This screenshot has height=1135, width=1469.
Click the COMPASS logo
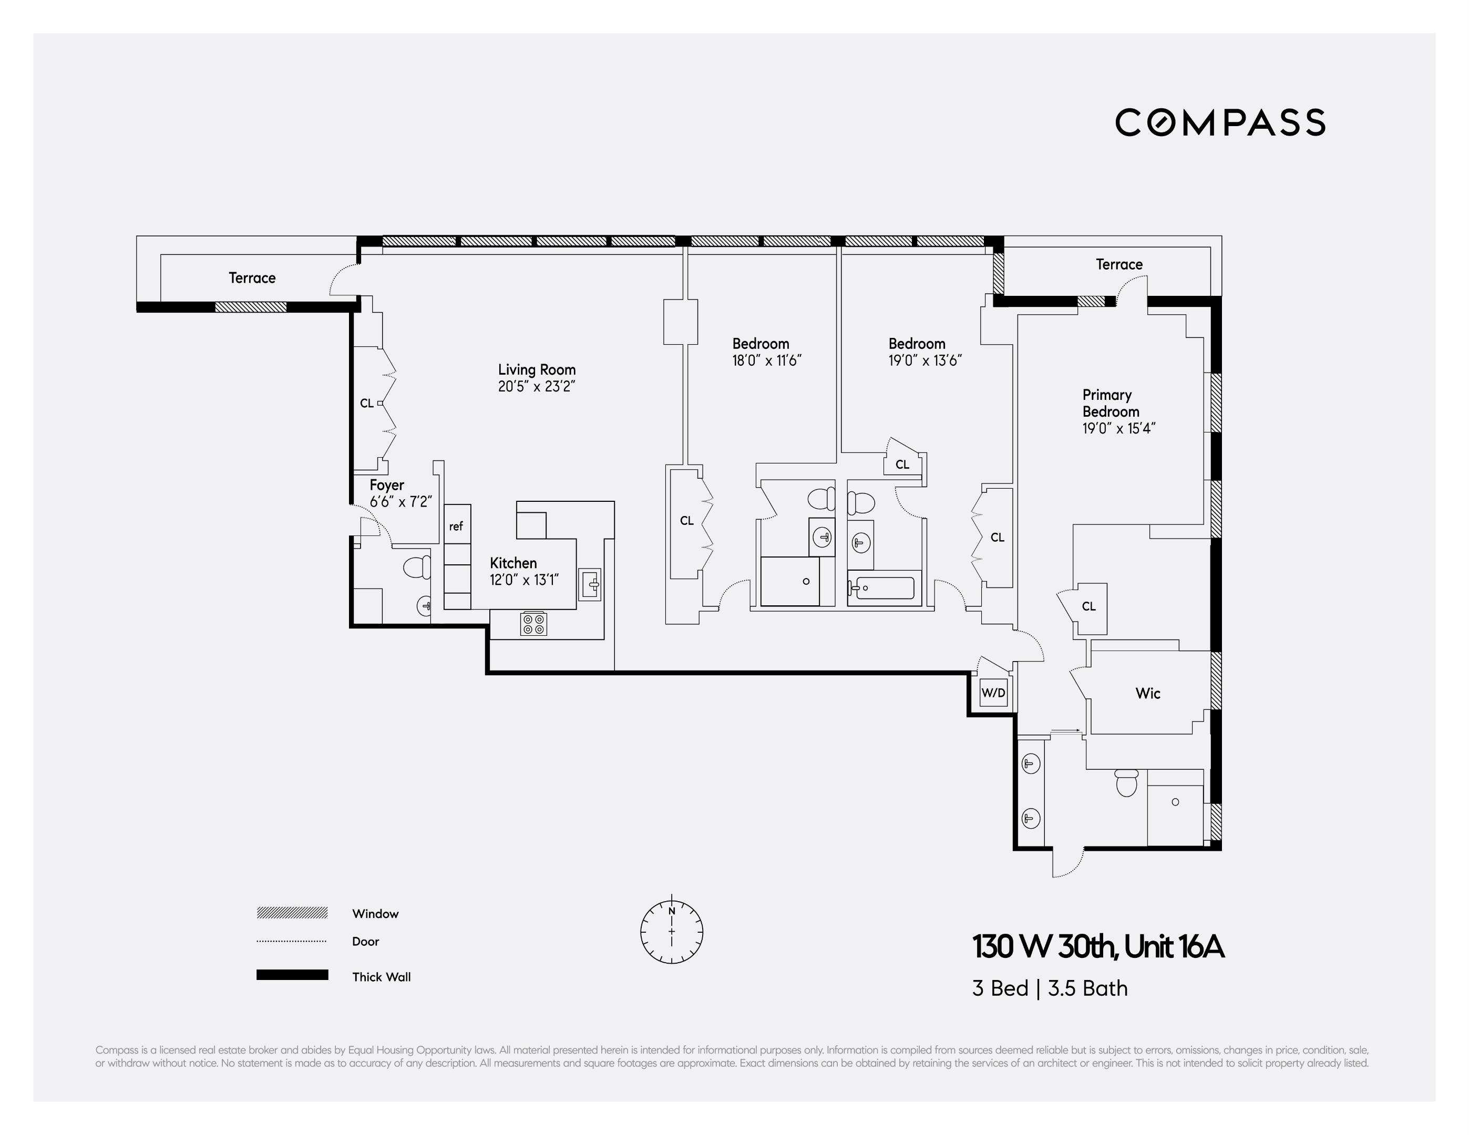coord(1220,122)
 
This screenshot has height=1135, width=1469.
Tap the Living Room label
coord(537,369)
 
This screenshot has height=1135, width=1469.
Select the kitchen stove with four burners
coord(533,624)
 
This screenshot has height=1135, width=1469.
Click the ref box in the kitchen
coord(457,526)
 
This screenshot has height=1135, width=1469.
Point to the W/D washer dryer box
coord(993,693)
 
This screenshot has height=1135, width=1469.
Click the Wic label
coord(1147,693)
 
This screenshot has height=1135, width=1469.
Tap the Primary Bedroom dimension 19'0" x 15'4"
coord(1118,428)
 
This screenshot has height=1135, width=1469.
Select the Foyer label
coord(387,485)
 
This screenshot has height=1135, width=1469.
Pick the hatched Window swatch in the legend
coord(292,912)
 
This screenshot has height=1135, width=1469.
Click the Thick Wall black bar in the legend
coord(292,975)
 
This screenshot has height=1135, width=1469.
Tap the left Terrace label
coord(252,277)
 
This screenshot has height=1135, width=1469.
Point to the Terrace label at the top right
coord(1118,264)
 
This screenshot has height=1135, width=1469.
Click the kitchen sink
coord(590,584)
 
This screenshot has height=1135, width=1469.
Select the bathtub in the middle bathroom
coord(881,589)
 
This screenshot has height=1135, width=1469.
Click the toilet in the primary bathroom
coord(1126,782)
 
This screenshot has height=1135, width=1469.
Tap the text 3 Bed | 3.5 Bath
coord(1049,988)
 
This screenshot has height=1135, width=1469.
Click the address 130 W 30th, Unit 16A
coord(1098,947)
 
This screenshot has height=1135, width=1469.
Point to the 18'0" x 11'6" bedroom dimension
coord(767,360)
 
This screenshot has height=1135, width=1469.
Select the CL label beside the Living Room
coord(366,404)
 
